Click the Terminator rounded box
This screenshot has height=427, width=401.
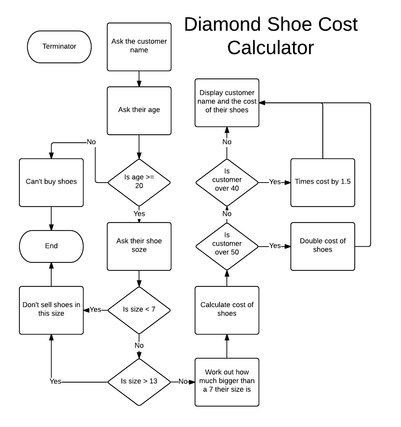pyautogui.click(x=59, y=46)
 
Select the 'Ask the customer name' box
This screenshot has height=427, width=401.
pyautogui.click(x=139, y=46)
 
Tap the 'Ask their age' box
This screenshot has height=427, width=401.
pyautogui.click(x=139, y=110)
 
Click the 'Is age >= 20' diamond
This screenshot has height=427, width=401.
pyautogui.click(x=139, y=182)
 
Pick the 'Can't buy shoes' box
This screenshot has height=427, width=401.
pyautogui.click(x=51, y=182)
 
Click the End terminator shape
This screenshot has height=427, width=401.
pyautogui.click(x=51, y=246)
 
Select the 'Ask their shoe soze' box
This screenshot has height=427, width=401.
pyautogui.click(x=139, y=246)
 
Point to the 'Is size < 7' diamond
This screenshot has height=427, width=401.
pyautogui.click(x=139, y=310)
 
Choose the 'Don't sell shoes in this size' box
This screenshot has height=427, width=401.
pyautogui.click(x=51, y=310)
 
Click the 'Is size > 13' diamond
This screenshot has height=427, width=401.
pyautogui.click(x=139, y=381)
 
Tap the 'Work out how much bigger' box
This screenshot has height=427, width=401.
pyautogui.click(x=227, y=381)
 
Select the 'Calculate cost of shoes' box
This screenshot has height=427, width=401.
pyautogui.click(x=227, y=310)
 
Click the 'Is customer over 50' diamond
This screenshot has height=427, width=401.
pyautogui.click(x=227, y=246)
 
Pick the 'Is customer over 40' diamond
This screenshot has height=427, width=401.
pyautogui.click(x=227, y=182)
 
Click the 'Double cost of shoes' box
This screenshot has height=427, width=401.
pyautogui.click(x=323, y=246)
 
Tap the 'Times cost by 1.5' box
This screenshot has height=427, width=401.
pyautogui.click(x=323, y=182)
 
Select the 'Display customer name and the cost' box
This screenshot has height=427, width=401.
pyautogui.click(x=227, y=102)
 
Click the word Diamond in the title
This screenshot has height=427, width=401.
pyautogui.click(x=223, y=25)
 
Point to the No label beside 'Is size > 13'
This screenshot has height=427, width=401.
pyautogui.click(x=183, y=382)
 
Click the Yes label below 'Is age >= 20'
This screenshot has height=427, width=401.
pyautogui.click(x=139, y=214)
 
